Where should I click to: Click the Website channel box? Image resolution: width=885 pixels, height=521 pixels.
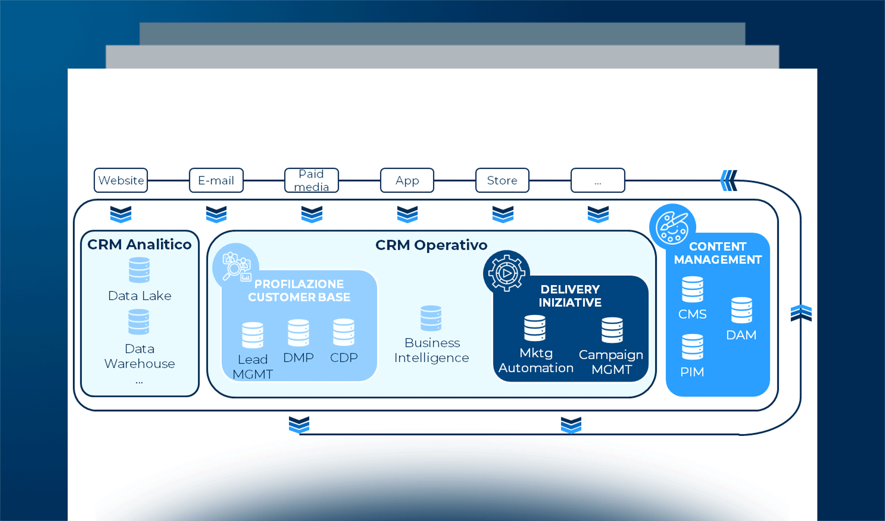[x=121, y=180]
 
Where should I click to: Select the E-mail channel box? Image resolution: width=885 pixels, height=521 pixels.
[x=216, y=180]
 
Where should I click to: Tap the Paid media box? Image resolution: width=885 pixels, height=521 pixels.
[x=311, y=180]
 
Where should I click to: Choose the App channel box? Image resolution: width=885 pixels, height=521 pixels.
[x=407, y=180]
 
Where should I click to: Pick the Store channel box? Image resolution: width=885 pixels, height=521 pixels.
[x=502, y=180]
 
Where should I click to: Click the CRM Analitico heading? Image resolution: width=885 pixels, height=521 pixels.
[x=139, y=244]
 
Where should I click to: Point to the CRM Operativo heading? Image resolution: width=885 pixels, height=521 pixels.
[x=431, y=245]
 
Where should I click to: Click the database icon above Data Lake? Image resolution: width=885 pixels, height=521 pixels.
[x=139, y=270]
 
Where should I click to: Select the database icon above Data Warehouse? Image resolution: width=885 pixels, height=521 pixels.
[x=139, y=322]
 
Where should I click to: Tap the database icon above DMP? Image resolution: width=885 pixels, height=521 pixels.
[x=298, y=333]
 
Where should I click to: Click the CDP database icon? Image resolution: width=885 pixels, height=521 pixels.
[x=344, y=333]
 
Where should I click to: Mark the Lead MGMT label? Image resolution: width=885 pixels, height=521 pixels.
[x=252, y=367]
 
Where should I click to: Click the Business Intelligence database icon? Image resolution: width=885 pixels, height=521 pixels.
[x=431, y=318]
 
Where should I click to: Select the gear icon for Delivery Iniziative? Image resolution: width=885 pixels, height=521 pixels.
[x=506, y=273]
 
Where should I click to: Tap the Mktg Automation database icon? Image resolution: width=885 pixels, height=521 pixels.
[x=535, y=328]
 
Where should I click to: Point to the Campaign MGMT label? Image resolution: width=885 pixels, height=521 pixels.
[x=611, y=362]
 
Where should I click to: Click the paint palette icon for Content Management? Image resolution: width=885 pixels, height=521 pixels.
[x=672, y=227]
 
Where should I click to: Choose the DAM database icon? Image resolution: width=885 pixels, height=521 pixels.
[x=741, y=310]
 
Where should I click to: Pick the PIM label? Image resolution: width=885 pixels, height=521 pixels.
[x=692, y=372]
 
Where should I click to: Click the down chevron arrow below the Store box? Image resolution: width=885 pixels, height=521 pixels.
[x=503, y=214]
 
